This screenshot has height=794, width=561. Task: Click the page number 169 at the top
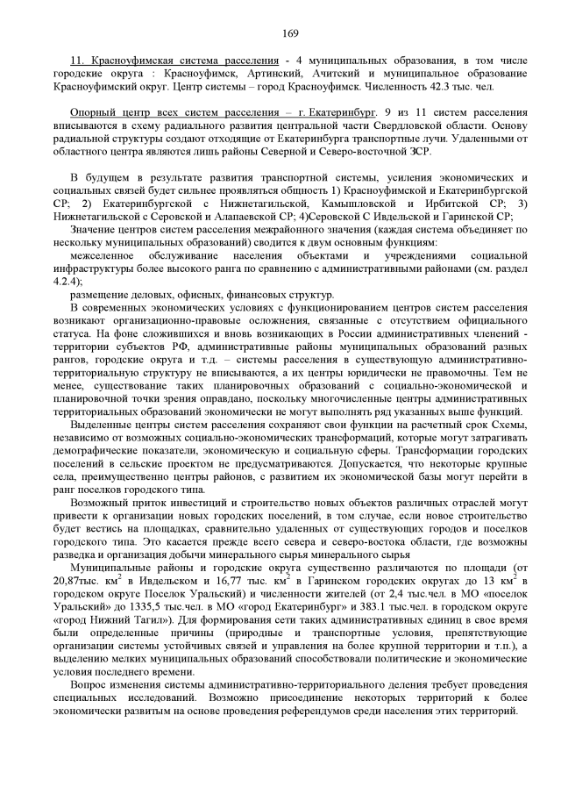pos(291,33)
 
